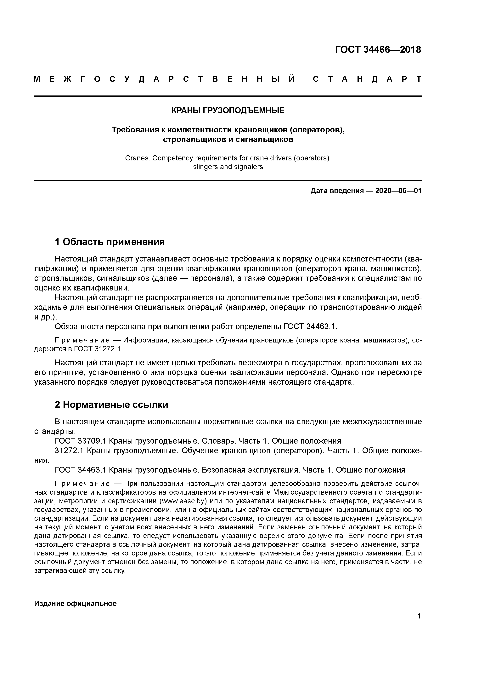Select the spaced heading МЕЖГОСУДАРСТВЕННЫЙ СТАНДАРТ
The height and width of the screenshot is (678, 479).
click(228, 79)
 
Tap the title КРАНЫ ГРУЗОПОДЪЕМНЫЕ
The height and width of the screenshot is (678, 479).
click(228, 110)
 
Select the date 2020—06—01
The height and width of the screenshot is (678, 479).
click(398, 191)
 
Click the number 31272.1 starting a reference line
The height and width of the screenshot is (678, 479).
click(69, 451)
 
